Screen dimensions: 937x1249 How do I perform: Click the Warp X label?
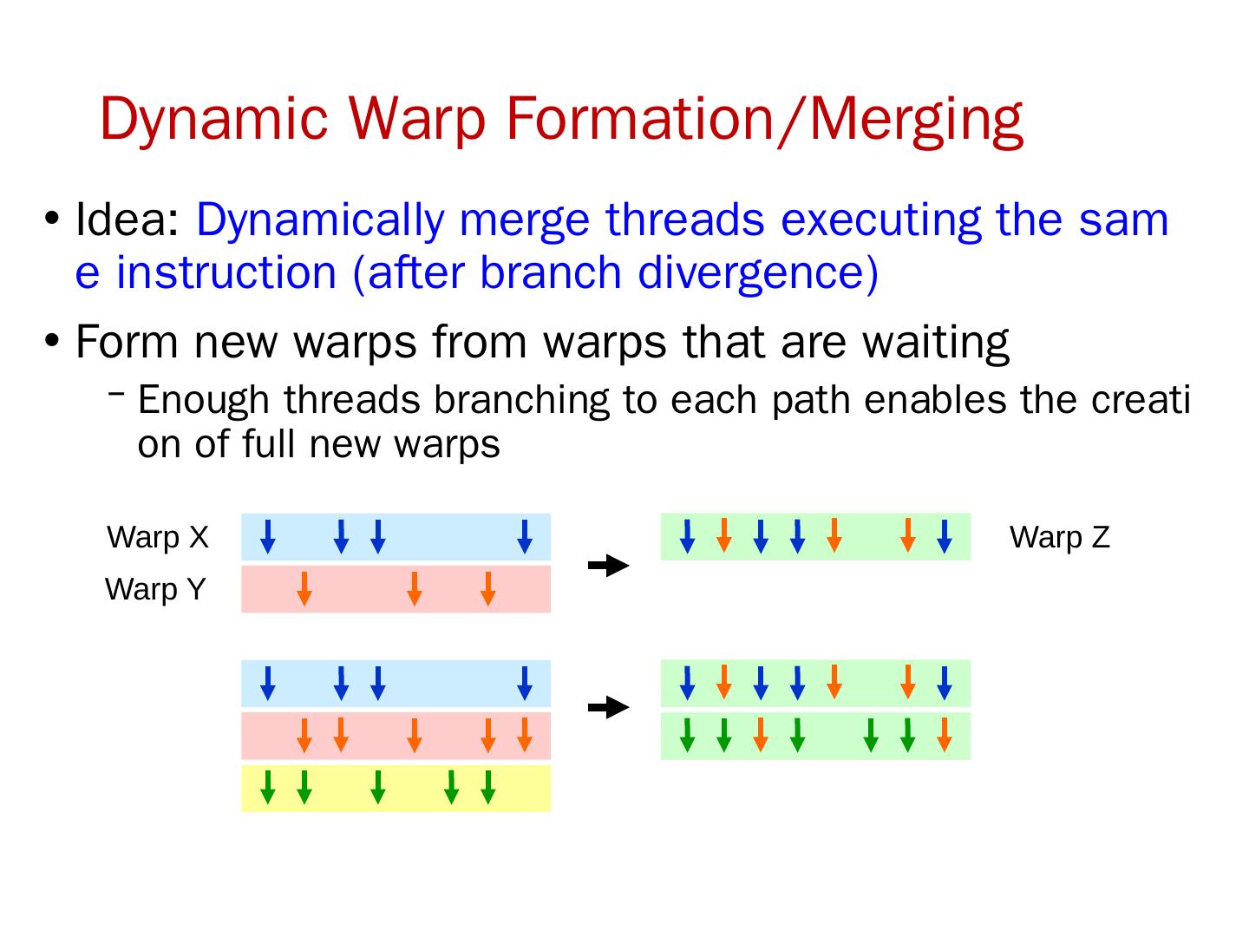click(x=158, y=538)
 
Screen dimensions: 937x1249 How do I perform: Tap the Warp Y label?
click(x=155, y=590)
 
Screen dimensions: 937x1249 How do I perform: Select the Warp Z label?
click(x=1059, y=538)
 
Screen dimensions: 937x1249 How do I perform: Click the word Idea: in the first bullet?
click(x=128, y=220)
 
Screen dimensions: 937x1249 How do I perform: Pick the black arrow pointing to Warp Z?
click(x=608, y=566)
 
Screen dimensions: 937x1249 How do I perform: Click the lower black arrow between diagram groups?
click(x=608, y=708)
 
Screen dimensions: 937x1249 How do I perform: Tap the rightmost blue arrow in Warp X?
click(x=524, y=536)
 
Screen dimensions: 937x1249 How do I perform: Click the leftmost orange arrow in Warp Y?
click(x=304, y=588)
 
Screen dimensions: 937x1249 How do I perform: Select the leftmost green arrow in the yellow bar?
click(x=268, y=787)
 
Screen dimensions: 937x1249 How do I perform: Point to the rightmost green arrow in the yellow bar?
click(x=487, y=787)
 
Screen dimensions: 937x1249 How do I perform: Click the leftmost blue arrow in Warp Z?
click(x=687, y=536)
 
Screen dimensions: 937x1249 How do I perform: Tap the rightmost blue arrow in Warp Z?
click(x=945, y=536)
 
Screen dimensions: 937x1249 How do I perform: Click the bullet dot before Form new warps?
click(x=52, y=340)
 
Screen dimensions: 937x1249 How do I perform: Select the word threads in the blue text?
click(x=685, y=220)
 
